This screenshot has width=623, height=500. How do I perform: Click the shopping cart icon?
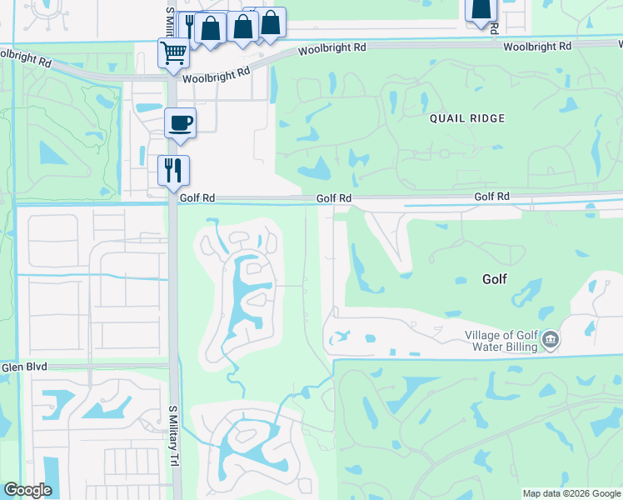click(x=173, y=53)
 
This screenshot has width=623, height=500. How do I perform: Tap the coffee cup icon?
click(x=180, y=124)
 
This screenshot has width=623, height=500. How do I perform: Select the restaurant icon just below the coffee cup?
click(x=173, y=171)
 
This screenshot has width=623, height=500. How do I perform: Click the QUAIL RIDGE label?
click(x=467, y=118)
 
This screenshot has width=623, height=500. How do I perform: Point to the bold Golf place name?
click(x=494, y=279)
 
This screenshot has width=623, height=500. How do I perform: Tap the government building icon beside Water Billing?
click(x=550, y=340)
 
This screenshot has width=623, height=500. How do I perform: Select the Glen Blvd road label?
click(x=23, y=367)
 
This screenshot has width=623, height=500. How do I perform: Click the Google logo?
click(x=27, y=490)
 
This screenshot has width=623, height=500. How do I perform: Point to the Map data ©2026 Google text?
click(x=571, y=493)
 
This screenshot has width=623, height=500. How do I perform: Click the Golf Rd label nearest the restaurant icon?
click(x=198, y=198)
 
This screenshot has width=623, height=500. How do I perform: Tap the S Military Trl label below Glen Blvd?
click(x=174, y=436)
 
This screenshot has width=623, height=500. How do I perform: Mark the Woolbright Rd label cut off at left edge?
click(x=25, y=59)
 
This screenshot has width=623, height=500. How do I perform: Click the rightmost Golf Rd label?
click(x=491, y=197)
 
